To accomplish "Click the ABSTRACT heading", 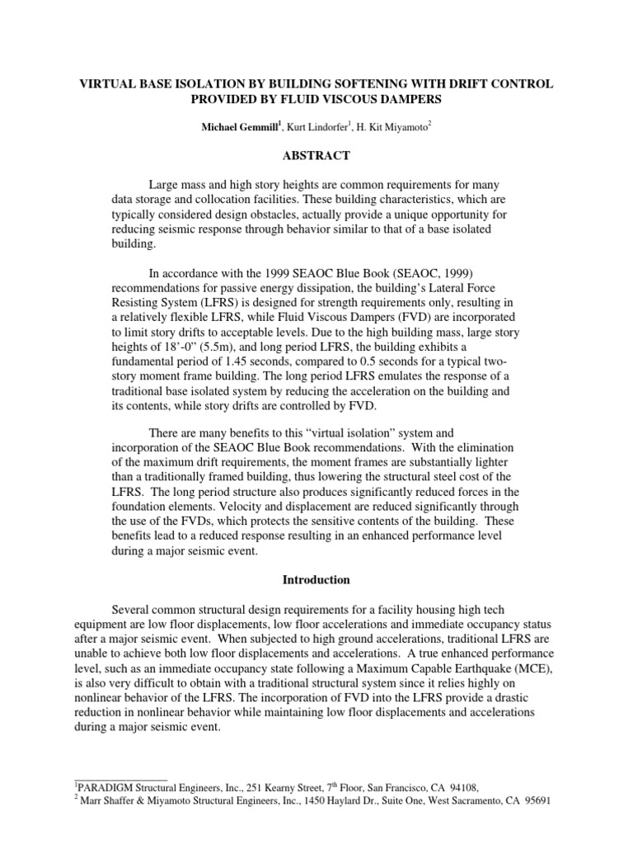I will [316, 155].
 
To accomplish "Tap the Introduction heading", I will [316, 579].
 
